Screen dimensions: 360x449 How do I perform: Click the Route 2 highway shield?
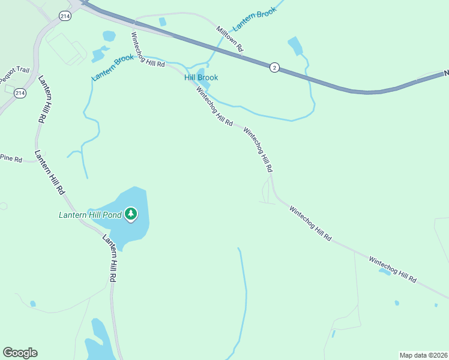click(x=274, y=67)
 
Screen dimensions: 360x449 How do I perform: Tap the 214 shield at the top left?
click(x=65, y=16)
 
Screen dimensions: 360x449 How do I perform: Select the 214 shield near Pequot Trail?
click(x=20, y=93)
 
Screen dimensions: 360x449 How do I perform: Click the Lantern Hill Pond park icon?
click(x=131, y=214)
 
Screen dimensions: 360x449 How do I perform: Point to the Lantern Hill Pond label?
click(x=89, y=214)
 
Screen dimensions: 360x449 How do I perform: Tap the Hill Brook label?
click(x=200, y=77)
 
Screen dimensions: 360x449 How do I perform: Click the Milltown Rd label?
click(x=231, y=38)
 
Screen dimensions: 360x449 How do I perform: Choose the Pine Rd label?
click(x=11, y=160)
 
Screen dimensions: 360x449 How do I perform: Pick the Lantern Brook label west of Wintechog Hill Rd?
click(x=112, y=68)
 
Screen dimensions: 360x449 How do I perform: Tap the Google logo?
click(x=20, y=353)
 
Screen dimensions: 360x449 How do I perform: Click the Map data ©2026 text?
click(x=423, y=355)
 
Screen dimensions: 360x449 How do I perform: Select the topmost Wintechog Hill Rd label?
click(x=148, y=49)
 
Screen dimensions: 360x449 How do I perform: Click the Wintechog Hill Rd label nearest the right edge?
click(x=392, y=270)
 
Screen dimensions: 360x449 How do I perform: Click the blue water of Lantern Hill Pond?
click(x=129, y=231)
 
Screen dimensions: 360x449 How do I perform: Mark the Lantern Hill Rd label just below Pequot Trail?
click(x=42, y=100)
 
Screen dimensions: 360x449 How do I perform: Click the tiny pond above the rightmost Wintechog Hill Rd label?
click(x=384, y=271)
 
